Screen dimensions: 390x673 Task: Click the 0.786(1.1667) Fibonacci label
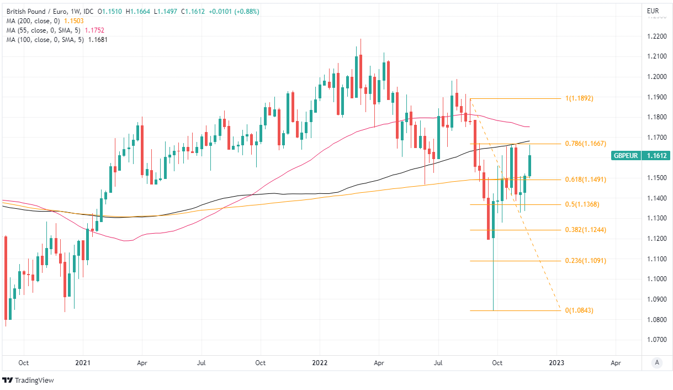click(x=586, y=144)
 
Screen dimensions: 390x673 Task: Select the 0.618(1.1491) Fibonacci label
click(x=586, y=180)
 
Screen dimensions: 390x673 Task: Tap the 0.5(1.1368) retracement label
click(x=582, y=204)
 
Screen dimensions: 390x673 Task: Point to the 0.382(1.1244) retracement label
click(x=586, y=230)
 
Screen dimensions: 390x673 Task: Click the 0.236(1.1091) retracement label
click(x=586, y=261)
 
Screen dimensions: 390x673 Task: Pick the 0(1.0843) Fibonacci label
click(x=579, y=310)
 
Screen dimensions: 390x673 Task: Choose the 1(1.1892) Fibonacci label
click(x=579, y=98)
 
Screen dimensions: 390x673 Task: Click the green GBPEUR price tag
click(x=626, y=156)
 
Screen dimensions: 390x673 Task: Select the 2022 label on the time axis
click(x=320, y=363)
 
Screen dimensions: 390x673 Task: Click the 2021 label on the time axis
click(x=83, y=363)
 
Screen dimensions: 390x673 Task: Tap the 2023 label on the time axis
click(x=557, y=363)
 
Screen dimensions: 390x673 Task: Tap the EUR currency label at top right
click(x=653, y=11)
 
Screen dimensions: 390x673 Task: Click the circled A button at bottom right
click(x=656, y=362)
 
